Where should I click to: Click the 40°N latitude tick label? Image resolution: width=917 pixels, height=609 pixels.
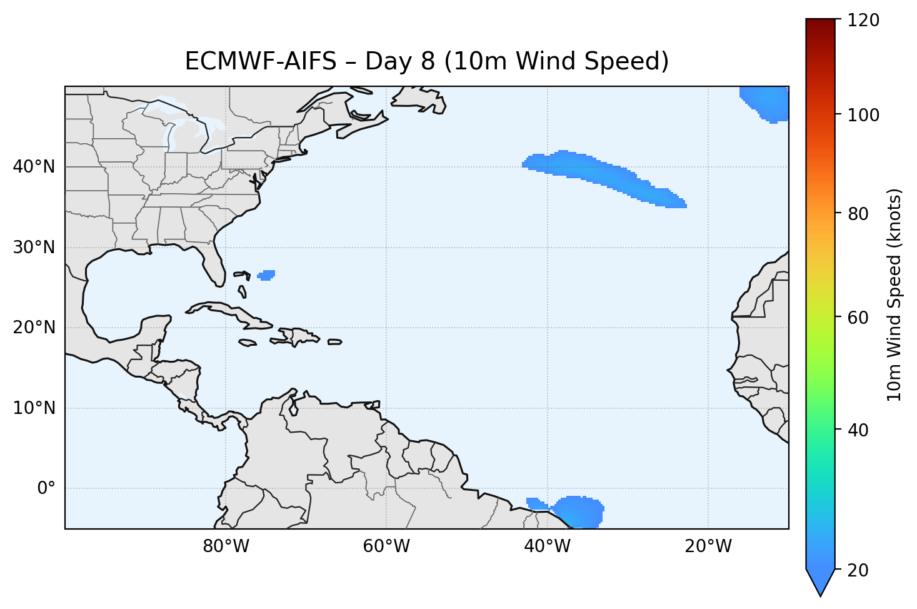[34, 167]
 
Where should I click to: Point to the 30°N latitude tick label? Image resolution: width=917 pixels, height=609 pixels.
[34, 248]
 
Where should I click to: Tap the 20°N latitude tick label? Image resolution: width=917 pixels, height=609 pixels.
[34, 328]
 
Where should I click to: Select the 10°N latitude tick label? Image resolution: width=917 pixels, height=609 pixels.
[34, 408]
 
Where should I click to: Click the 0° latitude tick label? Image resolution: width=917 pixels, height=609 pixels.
[46, 488]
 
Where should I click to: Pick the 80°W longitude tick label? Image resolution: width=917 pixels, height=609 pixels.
[226, 546]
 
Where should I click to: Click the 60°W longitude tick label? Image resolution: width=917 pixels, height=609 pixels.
[386, 546]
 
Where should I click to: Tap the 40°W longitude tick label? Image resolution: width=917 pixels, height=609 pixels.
[547, 546]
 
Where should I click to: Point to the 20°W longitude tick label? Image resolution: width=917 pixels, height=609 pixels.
[708, 546]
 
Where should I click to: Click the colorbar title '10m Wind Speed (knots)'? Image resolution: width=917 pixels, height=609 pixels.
[894, 295]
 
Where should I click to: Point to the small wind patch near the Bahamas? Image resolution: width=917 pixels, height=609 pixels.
[267, 275]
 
